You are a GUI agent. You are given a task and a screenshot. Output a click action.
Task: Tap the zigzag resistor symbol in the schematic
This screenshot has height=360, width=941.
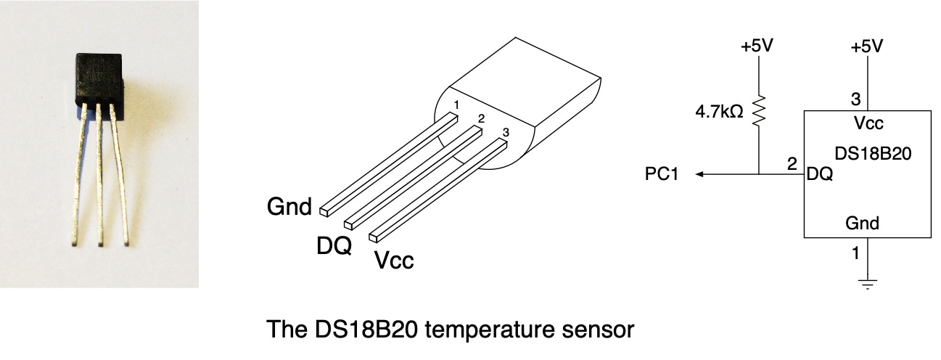pos(758,112)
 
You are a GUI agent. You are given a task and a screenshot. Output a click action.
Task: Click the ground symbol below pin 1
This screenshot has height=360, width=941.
pos(867,281)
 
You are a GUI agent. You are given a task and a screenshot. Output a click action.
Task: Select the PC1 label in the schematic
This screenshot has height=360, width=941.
pos(661,174)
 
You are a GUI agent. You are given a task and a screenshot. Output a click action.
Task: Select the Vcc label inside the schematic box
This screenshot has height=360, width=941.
pos(868,123)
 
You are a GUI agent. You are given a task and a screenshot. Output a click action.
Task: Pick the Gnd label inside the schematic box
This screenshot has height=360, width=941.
pos(862,223)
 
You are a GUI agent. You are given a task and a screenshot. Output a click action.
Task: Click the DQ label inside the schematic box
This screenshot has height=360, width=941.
pos(819,175)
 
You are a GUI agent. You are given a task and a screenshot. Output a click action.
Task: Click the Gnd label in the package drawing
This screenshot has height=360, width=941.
pos(289,208)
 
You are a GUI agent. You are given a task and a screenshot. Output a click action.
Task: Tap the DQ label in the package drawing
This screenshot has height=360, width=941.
pos(334,245)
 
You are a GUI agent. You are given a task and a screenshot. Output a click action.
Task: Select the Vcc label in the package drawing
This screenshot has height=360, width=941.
pos(394,259)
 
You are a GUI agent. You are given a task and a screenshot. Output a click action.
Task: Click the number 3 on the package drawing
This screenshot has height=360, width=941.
pos(506,132)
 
